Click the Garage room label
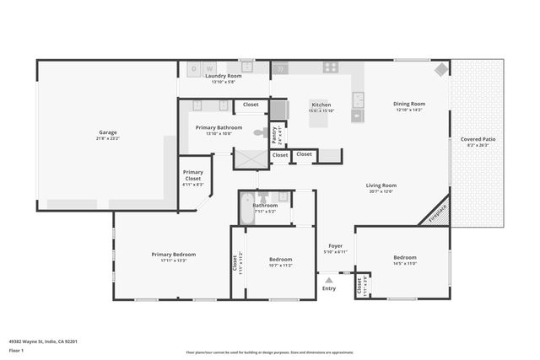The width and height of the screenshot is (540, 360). (107, 132)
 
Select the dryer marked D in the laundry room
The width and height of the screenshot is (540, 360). (194, 67)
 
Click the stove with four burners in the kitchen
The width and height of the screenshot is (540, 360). (331, 67)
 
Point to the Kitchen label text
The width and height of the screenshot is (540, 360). (321, 105)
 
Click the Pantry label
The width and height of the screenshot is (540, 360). (274, 133)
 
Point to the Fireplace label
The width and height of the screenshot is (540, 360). (437, 212)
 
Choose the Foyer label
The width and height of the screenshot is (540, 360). (336, 245)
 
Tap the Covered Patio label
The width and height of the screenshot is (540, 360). (477, 139)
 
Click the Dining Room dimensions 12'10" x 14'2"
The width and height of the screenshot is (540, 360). (408, 110)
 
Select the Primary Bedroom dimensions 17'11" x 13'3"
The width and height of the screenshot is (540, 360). (174, 261)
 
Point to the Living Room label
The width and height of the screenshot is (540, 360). (381, 185)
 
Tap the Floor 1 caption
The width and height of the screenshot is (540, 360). (16, 350)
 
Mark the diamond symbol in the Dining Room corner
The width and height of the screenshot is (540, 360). (440, 69)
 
